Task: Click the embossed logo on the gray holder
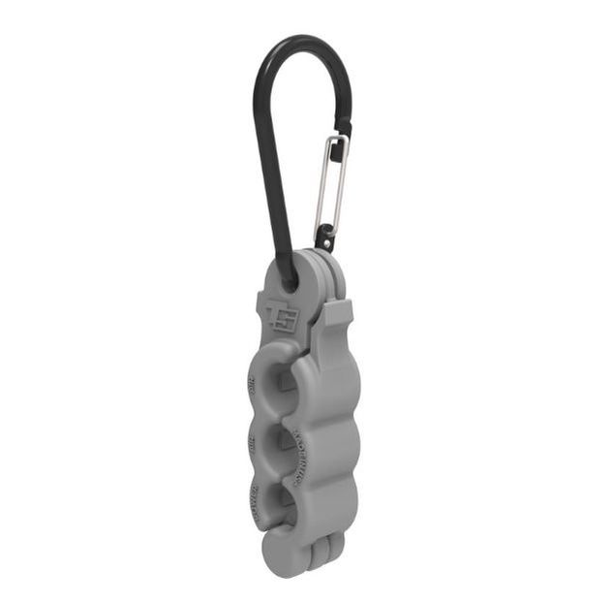coord(282,316)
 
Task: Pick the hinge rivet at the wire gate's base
coord(324,236)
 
